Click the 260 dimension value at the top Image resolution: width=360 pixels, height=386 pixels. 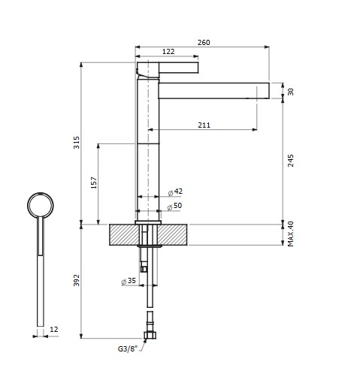tap(203, 42)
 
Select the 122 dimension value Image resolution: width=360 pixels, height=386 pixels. tap(169, 51)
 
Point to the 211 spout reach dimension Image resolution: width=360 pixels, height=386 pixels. tap(204, 125)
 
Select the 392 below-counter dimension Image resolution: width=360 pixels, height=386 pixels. tap(74, 282)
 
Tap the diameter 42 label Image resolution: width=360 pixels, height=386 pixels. tap(177, 192)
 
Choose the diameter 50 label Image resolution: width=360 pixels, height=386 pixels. tap(177, 206)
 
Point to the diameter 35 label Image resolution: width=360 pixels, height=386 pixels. tap(128, 282)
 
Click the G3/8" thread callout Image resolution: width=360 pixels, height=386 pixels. tap(129, 348)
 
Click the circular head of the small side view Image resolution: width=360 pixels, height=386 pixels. tap(39, 204)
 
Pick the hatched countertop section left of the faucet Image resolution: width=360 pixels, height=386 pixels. tap(122, 234)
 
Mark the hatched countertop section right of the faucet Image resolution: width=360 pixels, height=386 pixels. tap(177, 234)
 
